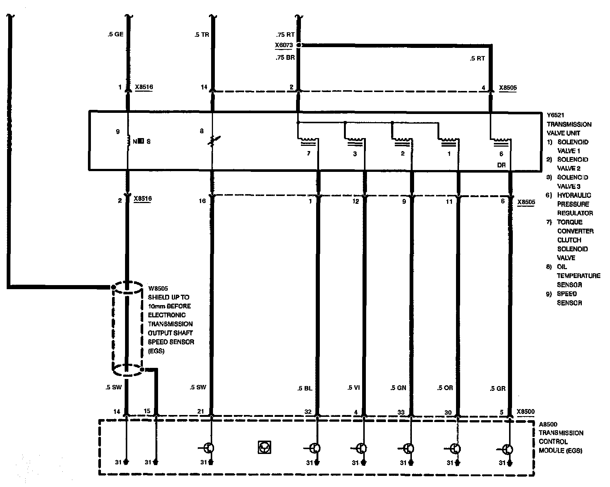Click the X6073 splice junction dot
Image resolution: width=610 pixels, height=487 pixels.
click(x=299, y=45)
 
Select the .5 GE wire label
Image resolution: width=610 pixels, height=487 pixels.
click(x=115, y=35)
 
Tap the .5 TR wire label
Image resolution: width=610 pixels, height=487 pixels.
click(x=202, y=35)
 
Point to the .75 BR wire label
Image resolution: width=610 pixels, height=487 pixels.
click(x=285, y=58)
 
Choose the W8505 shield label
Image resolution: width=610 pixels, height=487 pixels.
click(x=157, y=288)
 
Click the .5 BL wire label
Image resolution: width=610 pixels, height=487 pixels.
click(x=304, y=388)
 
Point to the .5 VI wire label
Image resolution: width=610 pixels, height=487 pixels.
click(x=354, y=388)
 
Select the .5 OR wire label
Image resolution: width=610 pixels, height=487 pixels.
click(x=445, y=388)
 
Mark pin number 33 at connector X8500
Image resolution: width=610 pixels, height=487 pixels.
click(x=401, y=412)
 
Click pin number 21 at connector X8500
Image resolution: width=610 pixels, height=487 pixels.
click(x=200, y=411)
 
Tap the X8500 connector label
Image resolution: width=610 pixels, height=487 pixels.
click(x=526, y=412)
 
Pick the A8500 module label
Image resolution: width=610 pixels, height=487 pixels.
click(x=548, y=424)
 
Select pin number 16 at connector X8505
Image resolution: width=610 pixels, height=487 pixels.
click(x=202, y=201)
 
